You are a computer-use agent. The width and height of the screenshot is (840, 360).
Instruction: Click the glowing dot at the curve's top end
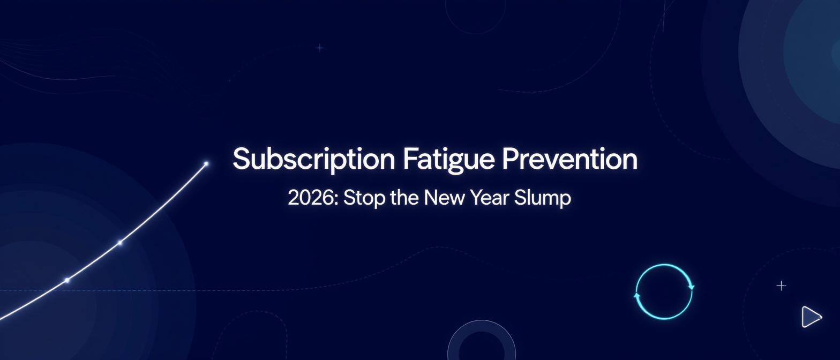pos(206,163)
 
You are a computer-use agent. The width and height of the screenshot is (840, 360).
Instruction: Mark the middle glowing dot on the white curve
pos(120,243)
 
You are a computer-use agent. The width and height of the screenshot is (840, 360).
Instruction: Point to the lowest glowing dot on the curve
pos(67,280)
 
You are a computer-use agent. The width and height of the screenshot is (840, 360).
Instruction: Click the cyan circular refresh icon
pos(664,292)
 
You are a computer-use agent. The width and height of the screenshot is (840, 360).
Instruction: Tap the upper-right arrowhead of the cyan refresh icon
pos(691,287)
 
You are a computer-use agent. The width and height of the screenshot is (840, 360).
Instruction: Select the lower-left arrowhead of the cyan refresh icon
pos(637,296)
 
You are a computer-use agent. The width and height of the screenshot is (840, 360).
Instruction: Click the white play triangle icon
pos(811,317)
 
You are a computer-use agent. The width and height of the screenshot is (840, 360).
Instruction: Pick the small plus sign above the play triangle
pos(781,286)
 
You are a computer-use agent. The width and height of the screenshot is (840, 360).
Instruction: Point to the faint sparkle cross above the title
pos(320,48)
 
